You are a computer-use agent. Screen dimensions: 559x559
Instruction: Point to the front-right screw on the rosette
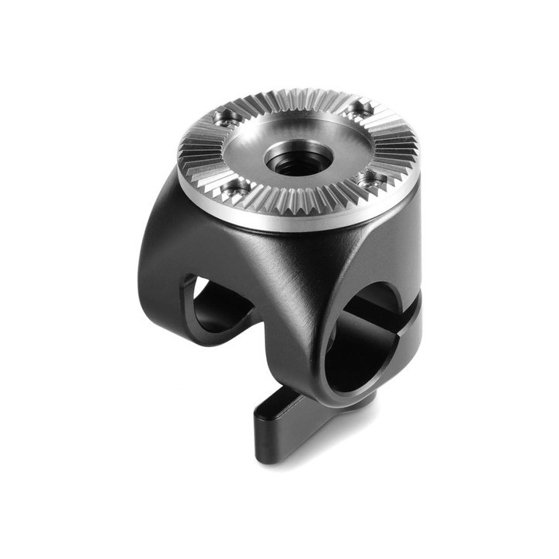pyautogui.click(x=371, y=179)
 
